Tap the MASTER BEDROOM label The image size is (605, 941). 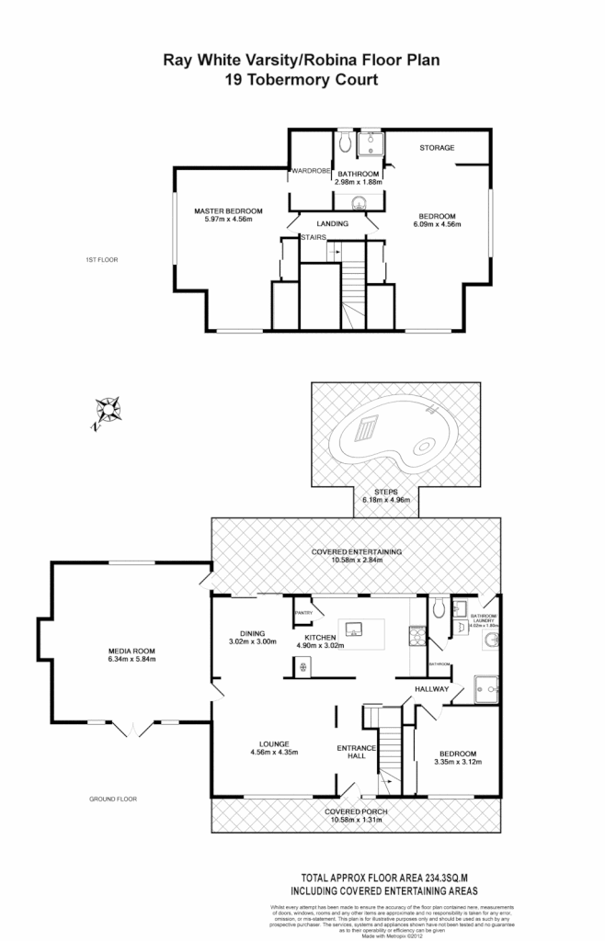[228, 211]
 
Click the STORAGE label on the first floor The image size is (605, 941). [437, 148]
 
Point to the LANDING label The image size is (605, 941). [333, 223]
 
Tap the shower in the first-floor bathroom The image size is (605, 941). [371, 142]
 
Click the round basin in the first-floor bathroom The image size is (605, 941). [358, 203]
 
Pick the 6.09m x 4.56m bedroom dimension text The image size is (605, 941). [437, 224]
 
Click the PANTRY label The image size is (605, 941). [304, 613]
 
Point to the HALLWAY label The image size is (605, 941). [430, 688]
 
